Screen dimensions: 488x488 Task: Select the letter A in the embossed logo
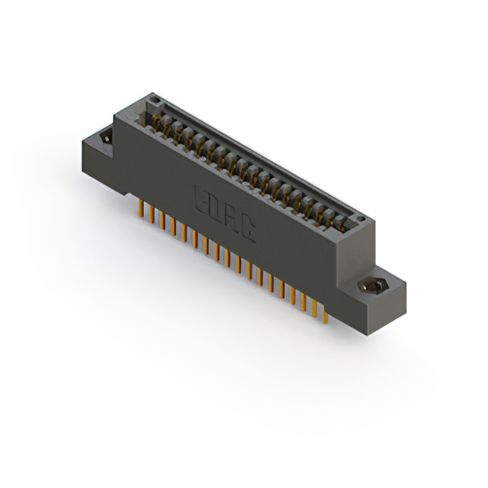[232, 216]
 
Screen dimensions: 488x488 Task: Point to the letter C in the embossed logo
[248, 228]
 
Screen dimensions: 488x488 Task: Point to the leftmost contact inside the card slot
[160, 122]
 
